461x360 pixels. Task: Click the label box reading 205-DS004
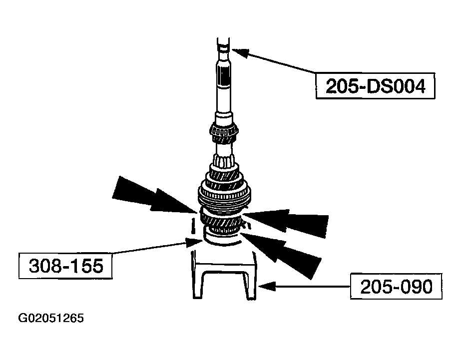coord(375,87)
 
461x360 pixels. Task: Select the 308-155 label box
coord(65,266)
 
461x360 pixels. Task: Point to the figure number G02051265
coord(51,319)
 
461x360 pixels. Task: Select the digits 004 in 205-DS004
coord(408,87)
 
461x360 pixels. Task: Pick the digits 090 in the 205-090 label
coord(414,287)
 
